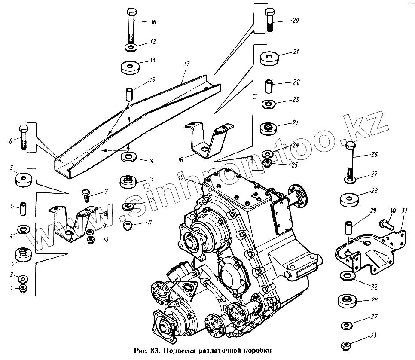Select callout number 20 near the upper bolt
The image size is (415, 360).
(x=295, y=20)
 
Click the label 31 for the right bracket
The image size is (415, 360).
(x=404, y=211)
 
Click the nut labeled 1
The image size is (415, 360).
(x=24, y=288)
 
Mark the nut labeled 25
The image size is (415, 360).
(x=267, y=163)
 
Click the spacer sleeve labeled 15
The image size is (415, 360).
(x=129, y=93)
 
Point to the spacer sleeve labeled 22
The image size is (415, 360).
(x=269, y=85)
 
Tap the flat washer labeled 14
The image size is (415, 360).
(x=128, y=156)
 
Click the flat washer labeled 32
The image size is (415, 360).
(x=347, y=275)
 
